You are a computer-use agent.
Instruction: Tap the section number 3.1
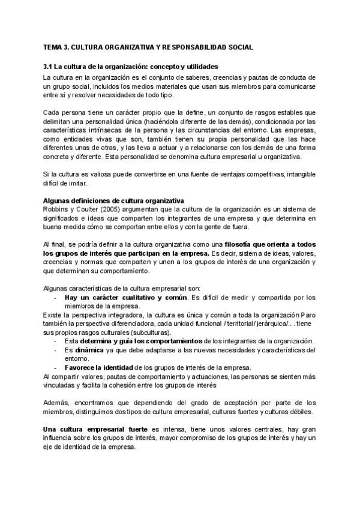point(49,66)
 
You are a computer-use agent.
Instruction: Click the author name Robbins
point(55,209)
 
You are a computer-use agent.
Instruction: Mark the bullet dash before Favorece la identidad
point(56,368)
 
